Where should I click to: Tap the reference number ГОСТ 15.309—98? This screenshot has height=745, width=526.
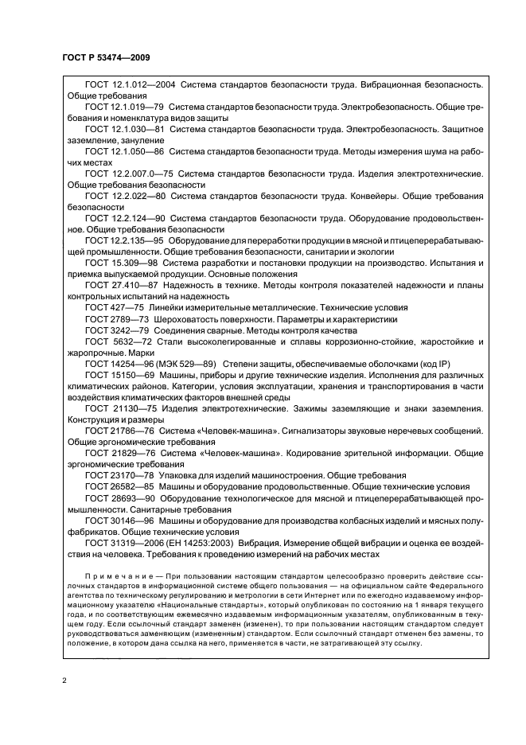(x=117, y=261)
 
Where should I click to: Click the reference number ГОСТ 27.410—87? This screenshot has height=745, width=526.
(x=117, y=283)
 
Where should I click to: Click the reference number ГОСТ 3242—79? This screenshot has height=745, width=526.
(x=114, y=329)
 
